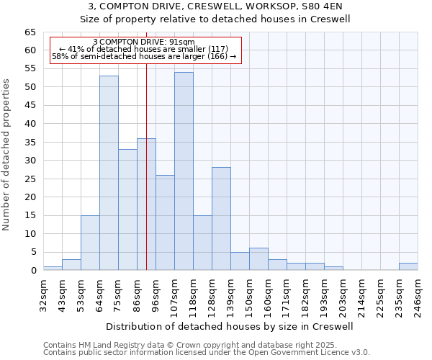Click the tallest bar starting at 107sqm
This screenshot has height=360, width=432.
pos(184,171)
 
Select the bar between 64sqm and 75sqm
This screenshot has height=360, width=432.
pos(109,173)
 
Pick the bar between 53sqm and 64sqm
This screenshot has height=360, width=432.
pos(90,243)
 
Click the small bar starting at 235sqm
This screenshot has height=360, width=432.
pos(408,266)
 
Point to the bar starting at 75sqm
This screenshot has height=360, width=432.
pos(127,210)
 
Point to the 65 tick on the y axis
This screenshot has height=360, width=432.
pos(30,32)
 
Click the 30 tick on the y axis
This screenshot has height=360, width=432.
pos(30,161)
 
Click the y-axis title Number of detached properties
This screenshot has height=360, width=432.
pos(6,155)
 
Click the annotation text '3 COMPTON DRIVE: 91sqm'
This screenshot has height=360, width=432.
pos(144,42)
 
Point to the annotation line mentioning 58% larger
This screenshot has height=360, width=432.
pos(144,56)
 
